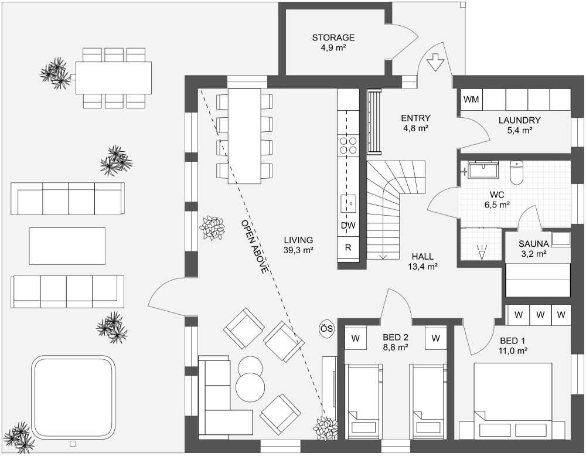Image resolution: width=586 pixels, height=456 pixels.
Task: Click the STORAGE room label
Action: point(333,38)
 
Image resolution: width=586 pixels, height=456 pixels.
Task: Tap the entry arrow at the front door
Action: point(435,62)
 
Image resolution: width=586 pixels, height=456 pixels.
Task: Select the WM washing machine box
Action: point(471,100)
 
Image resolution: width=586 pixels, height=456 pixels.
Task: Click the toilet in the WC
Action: point(516,173)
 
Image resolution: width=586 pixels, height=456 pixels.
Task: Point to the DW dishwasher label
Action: point(348,226)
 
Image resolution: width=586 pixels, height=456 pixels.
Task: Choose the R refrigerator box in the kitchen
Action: point(348,247)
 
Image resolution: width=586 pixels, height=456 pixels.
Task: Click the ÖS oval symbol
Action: point(326,329)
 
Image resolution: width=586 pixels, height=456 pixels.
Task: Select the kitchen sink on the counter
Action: point(348,204)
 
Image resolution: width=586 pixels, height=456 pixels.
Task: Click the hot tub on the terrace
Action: point(73,398)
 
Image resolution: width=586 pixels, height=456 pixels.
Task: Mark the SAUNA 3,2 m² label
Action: point(534,248)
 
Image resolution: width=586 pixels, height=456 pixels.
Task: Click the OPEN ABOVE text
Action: point(254,247)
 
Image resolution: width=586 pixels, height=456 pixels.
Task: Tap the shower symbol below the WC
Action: point(482,251)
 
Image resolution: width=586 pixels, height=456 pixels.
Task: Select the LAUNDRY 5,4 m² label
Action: point(519,125)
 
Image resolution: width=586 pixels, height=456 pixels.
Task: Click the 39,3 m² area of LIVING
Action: point(298,250)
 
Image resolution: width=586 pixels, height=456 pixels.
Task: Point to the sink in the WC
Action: point(484,170)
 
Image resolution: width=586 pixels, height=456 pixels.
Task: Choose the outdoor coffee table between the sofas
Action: point(67,246)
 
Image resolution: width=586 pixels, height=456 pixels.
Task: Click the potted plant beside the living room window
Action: point(212,227)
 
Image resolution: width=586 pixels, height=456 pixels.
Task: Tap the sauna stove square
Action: point(561,239)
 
